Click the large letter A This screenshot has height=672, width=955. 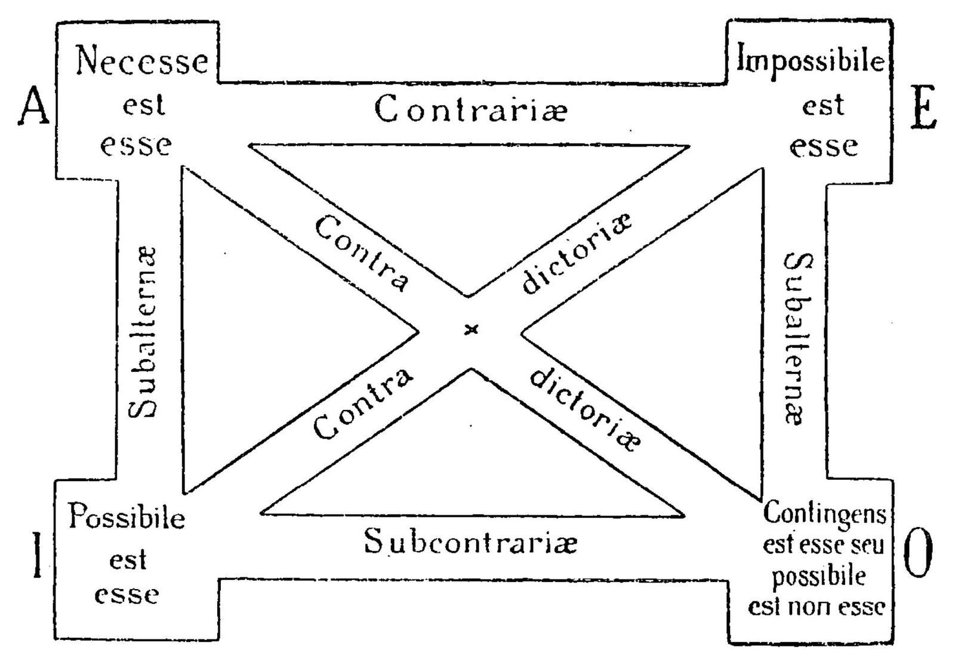(33, 105)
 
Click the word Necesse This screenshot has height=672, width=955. (141, 61)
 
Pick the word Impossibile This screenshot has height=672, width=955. (811, 60)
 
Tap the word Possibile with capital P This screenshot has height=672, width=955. (127, 517)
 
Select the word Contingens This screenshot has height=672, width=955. (824, 513)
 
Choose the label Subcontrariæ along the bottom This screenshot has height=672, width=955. (470, 541)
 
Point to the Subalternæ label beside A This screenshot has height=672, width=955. (143, 332)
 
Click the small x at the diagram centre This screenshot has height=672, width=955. (472, 329)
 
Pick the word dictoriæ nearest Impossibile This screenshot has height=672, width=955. (576, 253)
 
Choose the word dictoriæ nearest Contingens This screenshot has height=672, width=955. (586, 409)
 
